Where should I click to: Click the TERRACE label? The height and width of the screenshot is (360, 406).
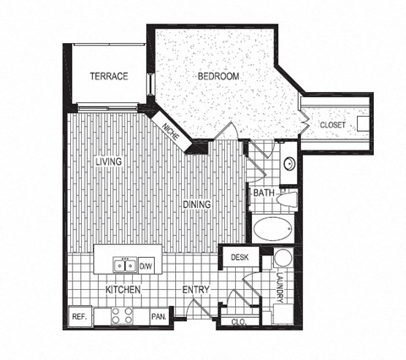pyautogui.click(x=110, y=76)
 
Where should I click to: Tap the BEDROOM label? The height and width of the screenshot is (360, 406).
pyautogui.click(x=218, y=76)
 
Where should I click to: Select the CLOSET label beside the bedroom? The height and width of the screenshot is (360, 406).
pyautogui.click(x=332, y=125)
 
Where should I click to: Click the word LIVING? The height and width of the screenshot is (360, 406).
pyautogui.click(x=109, y=161)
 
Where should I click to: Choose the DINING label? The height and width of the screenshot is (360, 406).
pyautogui.click(x=198, y=203)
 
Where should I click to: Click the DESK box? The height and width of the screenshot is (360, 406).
pyautogui.click(x=239, y=257)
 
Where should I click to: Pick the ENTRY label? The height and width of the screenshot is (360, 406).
pyautogui.click(x=196, y=291)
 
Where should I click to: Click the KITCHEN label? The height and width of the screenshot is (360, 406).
pyautogui.click(x=122, y=291)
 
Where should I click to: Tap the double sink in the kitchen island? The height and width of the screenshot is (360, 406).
pyautogui.click(x=124, y=266)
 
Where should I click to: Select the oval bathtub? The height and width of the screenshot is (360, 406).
pyautogui.click(x=271, y=230)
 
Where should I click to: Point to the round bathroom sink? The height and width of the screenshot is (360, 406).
pyautogui.click(x=288, y=164)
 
